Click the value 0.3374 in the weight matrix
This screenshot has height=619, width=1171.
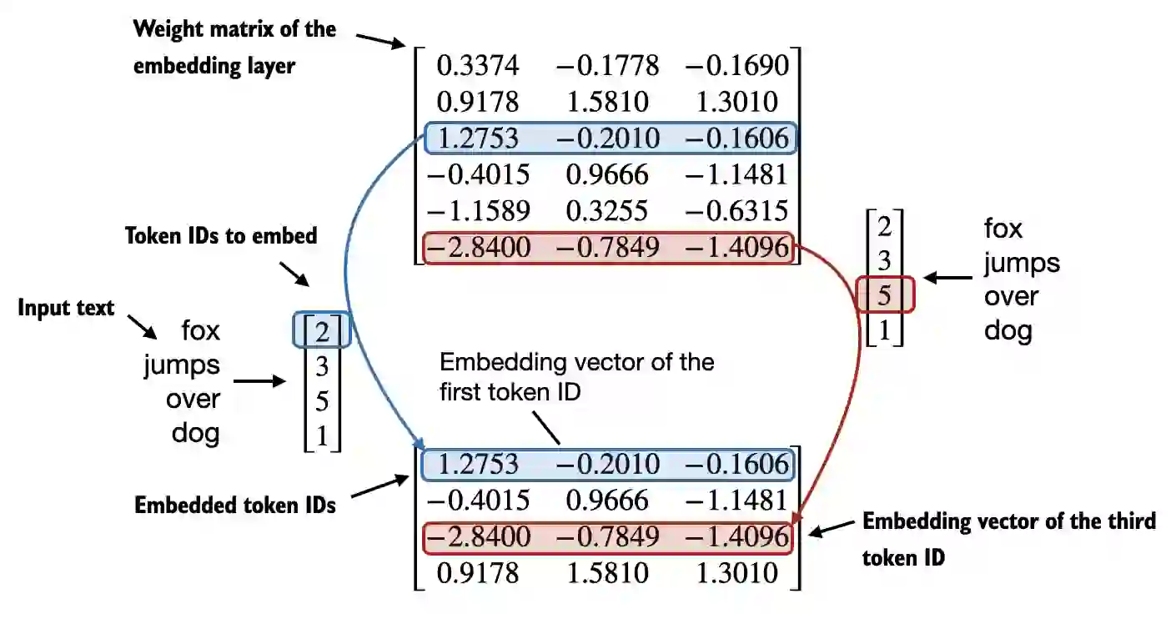coord(477,65)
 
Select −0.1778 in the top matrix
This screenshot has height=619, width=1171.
coord(606,65)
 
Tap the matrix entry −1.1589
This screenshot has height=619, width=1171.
coord(477,210)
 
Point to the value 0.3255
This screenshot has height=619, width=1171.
coord(606,210)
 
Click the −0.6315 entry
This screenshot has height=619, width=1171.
coord(736,210)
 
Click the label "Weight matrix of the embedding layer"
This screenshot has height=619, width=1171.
coord(234,48)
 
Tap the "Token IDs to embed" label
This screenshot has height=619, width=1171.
coord(221,236)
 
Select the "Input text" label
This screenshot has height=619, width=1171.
coord(66,308)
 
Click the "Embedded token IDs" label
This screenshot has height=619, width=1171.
coord(235,504)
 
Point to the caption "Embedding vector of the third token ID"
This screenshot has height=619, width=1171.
coord(1009,539)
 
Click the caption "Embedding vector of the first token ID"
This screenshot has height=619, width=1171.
coord(577,375)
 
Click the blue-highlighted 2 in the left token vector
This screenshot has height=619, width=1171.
coord(323,332)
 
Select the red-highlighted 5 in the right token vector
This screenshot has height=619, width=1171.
coord(885,295)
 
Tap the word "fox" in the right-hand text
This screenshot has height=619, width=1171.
coord(1003,228)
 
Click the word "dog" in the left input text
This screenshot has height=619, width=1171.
coord(196,433)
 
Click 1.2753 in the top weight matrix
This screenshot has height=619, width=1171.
coord(477,138)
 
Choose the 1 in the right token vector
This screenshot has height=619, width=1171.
coord(885,331)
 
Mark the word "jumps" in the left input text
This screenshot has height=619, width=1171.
coord(182,365)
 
